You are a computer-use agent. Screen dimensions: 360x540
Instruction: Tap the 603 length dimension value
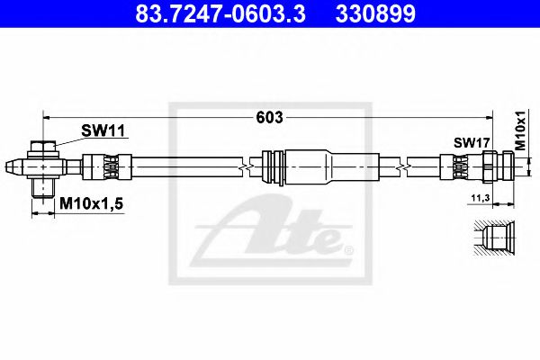tap(269, 117)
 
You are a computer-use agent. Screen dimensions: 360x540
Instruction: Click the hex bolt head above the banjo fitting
tap(42, 148)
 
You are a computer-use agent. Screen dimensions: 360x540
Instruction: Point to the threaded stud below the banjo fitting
tap(42, 188)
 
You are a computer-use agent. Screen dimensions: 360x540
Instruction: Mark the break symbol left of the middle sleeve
tap(245, 167)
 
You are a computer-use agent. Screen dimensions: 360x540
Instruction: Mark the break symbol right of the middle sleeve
tap(406, 167)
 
